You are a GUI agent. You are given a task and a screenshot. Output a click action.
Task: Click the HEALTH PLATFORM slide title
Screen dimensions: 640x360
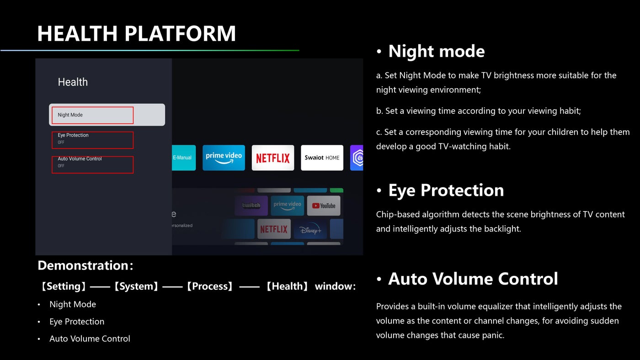click(x=136, y=33)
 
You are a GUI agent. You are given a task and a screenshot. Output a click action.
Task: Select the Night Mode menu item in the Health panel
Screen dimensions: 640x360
click(x=107, y=115)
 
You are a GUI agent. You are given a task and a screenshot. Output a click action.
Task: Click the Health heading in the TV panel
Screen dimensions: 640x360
click(x=73, y=82)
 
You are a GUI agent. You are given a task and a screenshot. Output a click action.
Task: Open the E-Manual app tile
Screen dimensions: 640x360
click(x=184, y=158)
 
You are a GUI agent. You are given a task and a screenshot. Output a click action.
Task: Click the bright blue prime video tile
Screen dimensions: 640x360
click(x=224, y=158)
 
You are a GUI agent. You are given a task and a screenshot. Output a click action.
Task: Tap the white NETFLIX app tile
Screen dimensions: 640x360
click(x=273, y=158)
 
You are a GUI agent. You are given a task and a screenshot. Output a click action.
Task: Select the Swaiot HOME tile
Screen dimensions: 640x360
click(x=322, y=158)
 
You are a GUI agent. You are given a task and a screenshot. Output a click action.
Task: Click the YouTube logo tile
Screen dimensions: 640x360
click(x=324, y=206)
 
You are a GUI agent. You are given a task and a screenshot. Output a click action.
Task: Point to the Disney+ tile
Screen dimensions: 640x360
click(x=310, y=229)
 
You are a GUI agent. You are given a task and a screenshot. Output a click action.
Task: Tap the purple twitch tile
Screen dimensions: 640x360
click(x=251, y=206)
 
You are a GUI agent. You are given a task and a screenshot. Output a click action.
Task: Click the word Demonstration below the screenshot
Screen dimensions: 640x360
click(x=83, y=265)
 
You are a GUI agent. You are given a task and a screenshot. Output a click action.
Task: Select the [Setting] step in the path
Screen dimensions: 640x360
click(x=64, y=286)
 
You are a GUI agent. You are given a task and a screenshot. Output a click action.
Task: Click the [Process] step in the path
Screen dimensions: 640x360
click(x=210, y=286)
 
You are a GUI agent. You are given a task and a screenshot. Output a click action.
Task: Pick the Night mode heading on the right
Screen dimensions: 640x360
click(x=437, y=51)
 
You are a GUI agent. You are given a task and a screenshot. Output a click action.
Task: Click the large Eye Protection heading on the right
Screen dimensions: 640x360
click(x=446, y=190)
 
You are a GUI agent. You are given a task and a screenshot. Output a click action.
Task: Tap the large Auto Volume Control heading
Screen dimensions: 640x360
click(x=473, y=279)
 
